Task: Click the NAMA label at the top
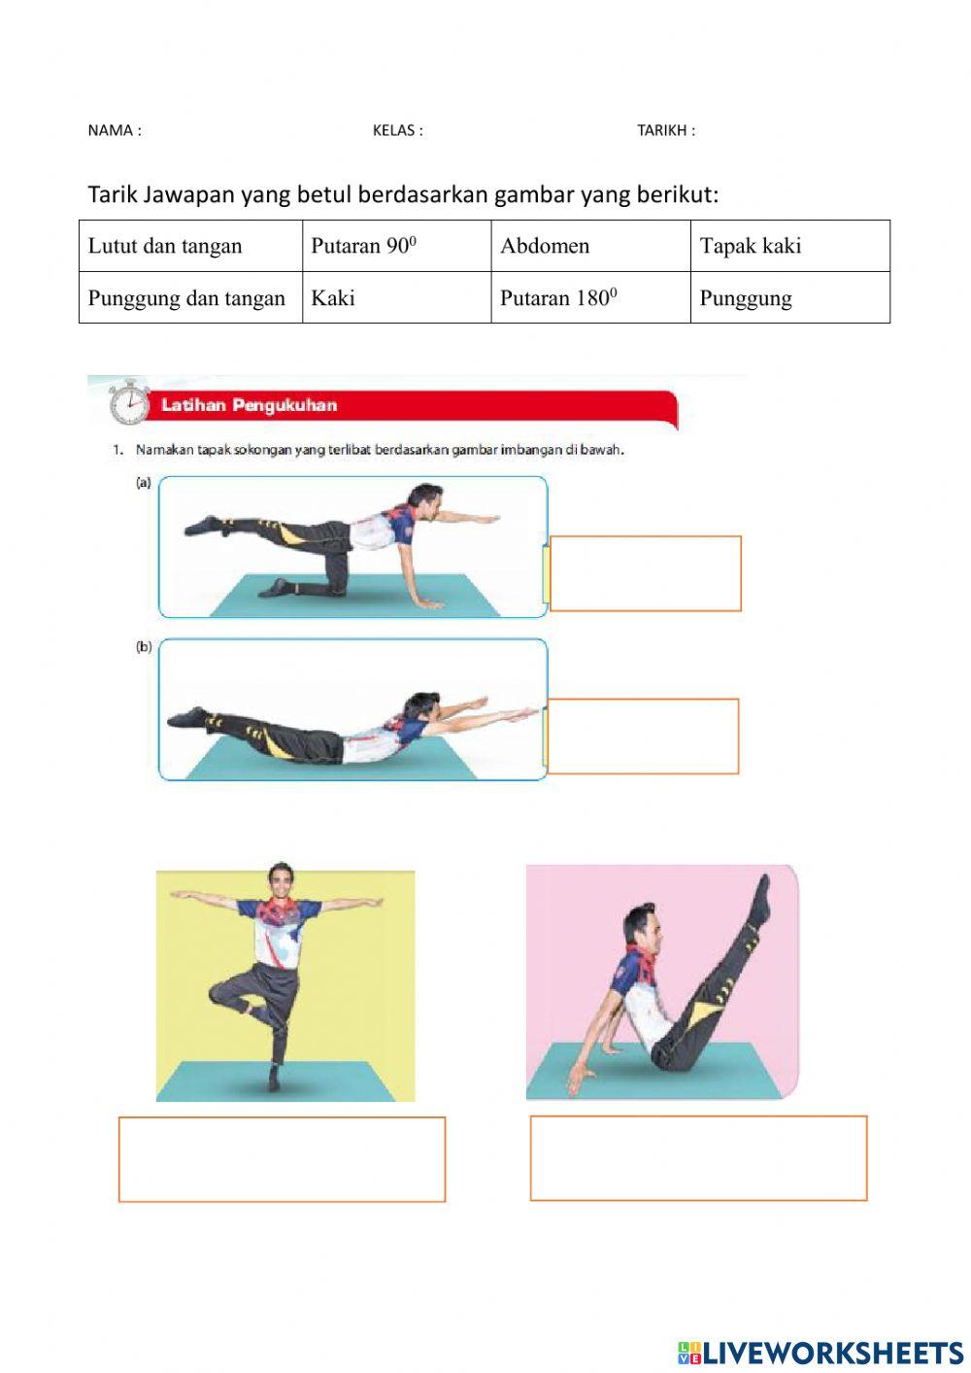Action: [114, 130]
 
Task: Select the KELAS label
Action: [397, 130]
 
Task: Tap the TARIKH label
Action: [665, 130]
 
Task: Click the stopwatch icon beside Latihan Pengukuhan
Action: [128, 402]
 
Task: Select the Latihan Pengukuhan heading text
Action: [249, 405]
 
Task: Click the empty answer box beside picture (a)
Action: [645, 573]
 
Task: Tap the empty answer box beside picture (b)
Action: [643, 736]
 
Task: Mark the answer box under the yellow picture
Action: [282, 1159]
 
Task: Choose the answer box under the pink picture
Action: [698, 1157]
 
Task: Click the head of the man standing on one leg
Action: [281, 881]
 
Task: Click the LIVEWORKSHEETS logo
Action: [820, 1352]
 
